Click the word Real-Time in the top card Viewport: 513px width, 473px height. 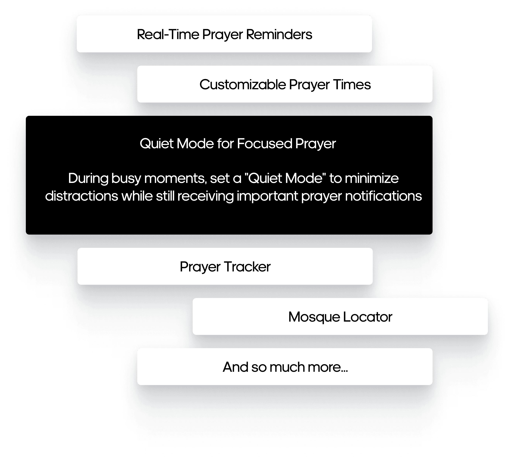168,34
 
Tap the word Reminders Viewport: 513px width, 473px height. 279,34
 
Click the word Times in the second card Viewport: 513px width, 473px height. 352,84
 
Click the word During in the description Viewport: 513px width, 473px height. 88,178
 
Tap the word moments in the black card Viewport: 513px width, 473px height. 175,178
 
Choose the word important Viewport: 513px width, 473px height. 267,197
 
